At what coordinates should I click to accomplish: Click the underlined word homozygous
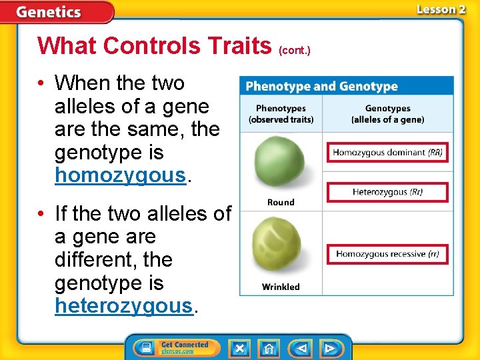119,176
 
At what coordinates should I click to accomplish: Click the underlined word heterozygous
123,306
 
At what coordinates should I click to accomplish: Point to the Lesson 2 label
441,9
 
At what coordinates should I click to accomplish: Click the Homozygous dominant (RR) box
387,153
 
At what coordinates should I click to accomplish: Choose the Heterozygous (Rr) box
387,193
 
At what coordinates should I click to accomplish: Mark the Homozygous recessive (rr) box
387,254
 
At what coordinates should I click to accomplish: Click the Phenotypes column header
281,113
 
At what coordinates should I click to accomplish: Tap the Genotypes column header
387,113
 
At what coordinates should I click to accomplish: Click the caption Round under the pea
281,202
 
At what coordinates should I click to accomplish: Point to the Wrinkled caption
281,287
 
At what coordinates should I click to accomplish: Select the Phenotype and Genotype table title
321,87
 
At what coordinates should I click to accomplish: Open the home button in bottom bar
269,348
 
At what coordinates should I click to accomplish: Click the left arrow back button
302,348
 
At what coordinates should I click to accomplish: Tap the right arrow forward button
329,348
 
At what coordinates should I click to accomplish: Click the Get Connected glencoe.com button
174,348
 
